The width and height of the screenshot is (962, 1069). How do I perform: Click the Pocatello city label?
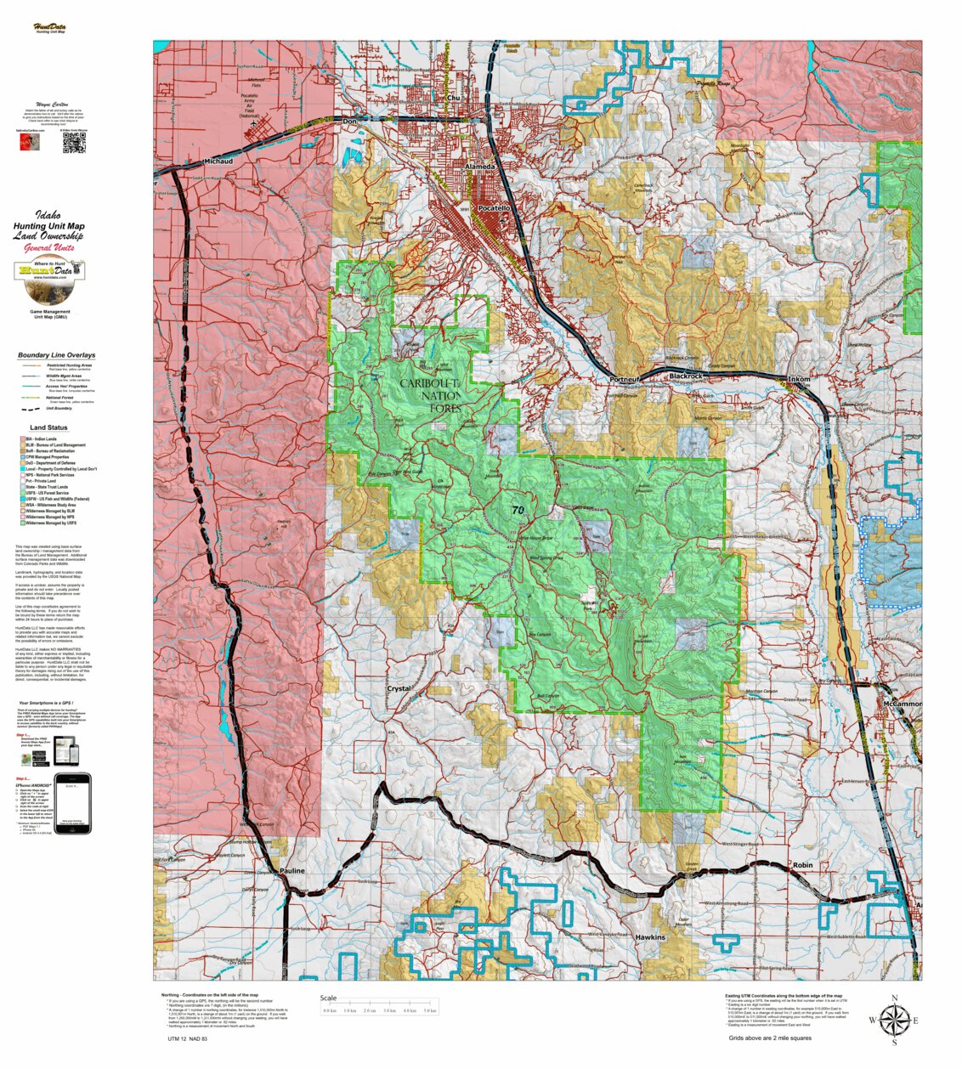coord(494,208)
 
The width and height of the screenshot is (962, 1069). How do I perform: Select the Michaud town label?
coord(218,161)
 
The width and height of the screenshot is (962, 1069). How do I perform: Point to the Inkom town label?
coord(799,379)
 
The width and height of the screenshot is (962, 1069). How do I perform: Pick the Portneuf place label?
coord(625,379)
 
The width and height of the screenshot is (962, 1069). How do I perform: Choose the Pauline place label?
coord(292,872)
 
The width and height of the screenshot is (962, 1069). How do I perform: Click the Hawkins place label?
coord(650,937)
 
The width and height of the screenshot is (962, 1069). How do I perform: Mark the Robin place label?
coord(802,865)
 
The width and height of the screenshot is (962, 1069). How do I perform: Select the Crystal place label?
coord(399,689)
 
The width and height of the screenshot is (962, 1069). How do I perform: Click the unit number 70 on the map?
coord(518,510)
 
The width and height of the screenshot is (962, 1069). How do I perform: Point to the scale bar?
coord(380,1010)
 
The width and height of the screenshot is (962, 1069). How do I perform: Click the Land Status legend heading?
coord(48,427)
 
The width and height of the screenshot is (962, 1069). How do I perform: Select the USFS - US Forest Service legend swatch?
coord(23,493)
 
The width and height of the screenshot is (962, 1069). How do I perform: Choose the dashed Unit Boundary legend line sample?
coord(31,408)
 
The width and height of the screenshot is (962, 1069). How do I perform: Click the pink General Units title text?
coord(48,247)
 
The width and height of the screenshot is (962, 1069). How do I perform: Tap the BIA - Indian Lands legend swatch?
coord(23,438)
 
